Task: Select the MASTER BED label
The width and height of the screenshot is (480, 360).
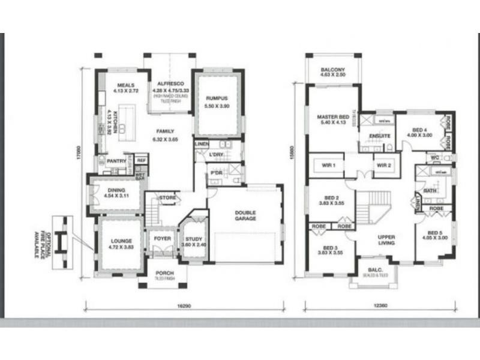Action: (x=333, y=116)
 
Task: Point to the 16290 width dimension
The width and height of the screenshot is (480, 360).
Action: (x=184, y=306)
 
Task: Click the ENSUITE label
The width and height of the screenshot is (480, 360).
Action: (x=380, y=136)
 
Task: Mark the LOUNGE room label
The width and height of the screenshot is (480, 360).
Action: (x=120, y=226)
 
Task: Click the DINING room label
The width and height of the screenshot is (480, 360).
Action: (x=116, y=190)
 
